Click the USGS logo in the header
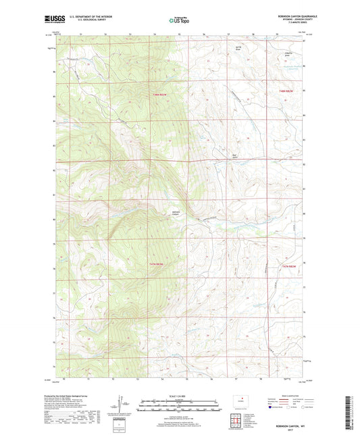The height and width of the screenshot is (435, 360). pyautogui.click(x=53, y=19)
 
